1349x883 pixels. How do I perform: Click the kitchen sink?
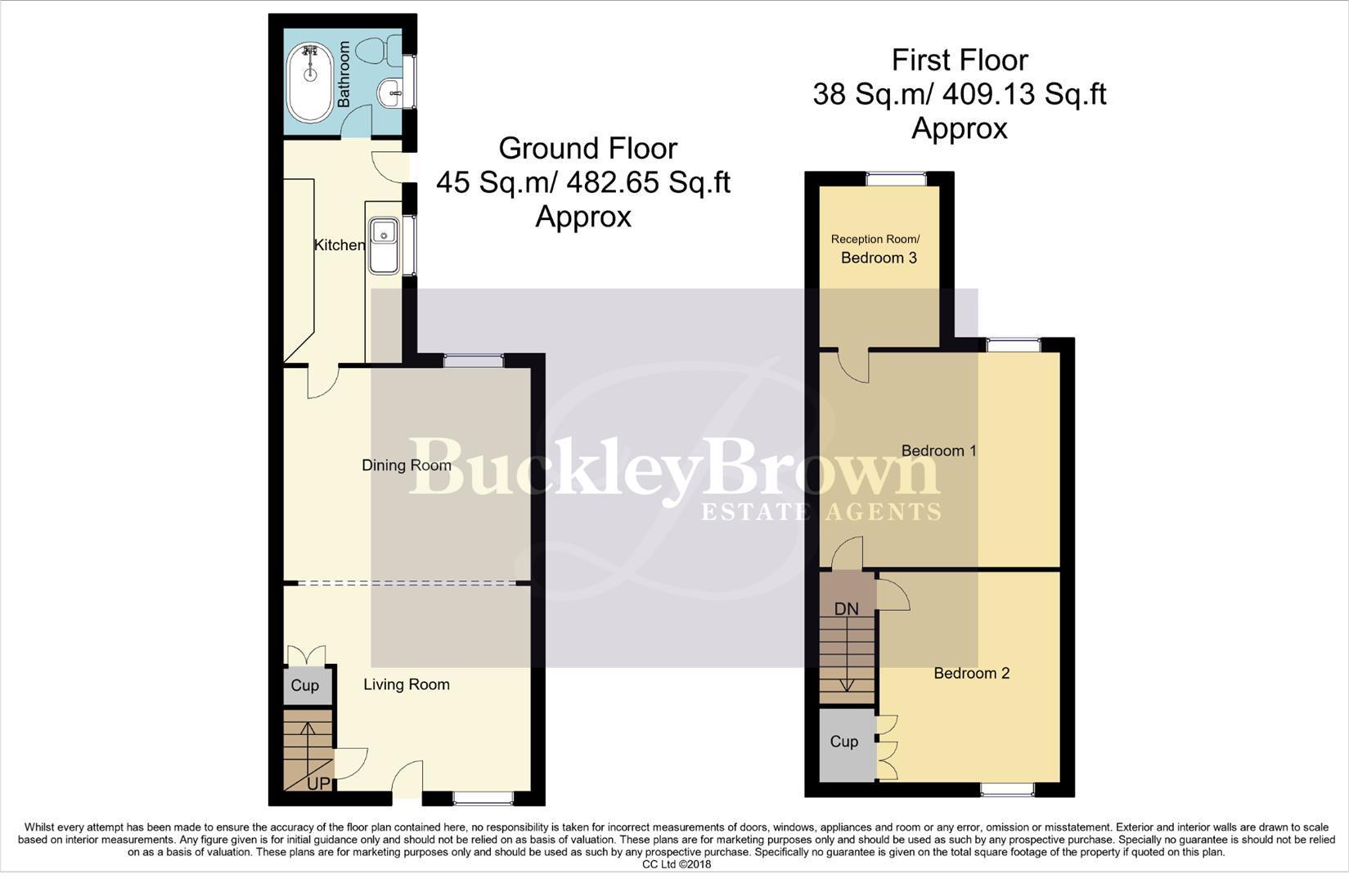pyautogui.click(x=383, y=244)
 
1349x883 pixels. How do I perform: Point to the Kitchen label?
pyautogui.click(x=339, y=245)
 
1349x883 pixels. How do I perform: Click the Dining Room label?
pyautogui.click(x=407, y=465)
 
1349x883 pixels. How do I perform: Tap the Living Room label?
pyautogui.click(x=407, y=684)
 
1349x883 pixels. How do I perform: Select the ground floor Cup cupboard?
pyautogui.click(x=305, y=685)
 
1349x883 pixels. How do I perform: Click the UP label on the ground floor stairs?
pyautogui.click(x=318, y=783)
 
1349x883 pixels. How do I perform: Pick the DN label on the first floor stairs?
pyautogui.click(x=847, y=609)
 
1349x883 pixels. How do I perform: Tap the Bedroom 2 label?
pyautogui.click(x=971, y=673)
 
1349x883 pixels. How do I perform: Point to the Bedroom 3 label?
pyautogui.click(x=879, y=258)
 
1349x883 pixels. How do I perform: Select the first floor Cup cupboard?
pyautogui.click(x=844, y=742)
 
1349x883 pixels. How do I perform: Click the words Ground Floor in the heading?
pyautogui.click(x=587, y=148)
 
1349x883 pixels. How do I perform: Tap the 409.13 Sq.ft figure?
pyautogui.click(x=1024, y=94)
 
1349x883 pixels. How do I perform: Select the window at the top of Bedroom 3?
pyautogui.click(x=897, y=177)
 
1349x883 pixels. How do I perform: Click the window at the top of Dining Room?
pyautogui.click(x=474, y=360)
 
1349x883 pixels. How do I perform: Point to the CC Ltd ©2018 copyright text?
pyautogui.click(x=677, y=864)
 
